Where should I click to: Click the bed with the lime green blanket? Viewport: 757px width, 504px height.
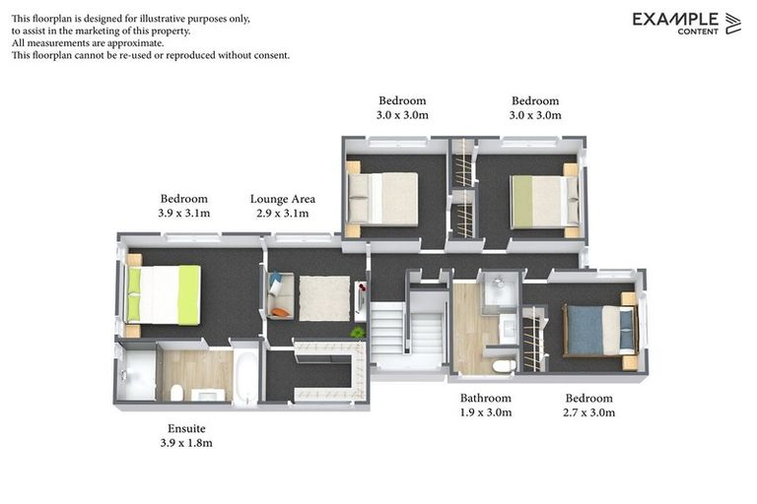164,293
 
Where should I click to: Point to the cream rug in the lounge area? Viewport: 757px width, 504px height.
323,297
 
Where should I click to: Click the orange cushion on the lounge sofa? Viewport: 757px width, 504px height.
281,312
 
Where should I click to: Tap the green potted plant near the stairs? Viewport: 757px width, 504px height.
357,332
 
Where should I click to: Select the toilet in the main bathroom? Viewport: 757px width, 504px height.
503,365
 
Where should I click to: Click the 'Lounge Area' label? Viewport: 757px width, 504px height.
283,198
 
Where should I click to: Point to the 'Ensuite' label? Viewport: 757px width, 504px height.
186,429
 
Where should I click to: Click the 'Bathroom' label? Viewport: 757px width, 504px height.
486,399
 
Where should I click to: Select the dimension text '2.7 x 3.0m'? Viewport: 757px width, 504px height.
587,412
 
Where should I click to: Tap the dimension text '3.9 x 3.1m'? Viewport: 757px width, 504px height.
184,213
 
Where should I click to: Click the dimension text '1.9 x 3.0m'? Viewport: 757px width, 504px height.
486,412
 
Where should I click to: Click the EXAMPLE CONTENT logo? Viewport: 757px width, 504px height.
686,23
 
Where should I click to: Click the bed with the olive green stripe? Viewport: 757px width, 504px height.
538,200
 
